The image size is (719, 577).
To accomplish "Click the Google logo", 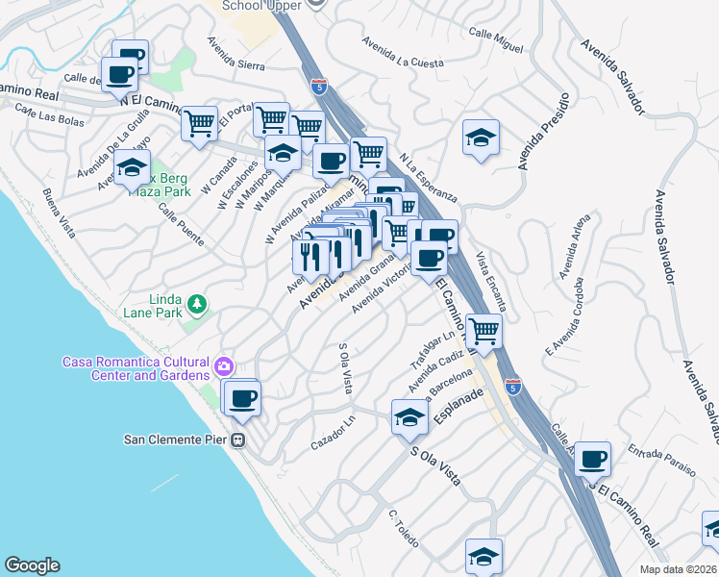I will tap(32, 565).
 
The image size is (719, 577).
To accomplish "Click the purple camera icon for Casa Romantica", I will tap(224, 366).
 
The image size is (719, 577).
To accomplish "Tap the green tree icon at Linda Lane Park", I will tap(197, 305).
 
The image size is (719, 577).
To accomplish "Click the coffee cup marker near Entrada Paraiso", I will tap(593, 459).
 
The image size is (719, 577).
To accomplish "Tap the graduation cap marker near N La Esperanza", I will tap(481, 138).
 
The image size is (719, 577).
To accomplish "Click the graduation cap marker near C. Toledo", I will tap(483, 556).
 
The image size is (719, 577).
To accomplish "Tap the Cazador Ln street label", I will tap(333, 439).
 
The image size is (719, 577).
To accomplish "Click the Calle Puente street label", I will tap(183, 224).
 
